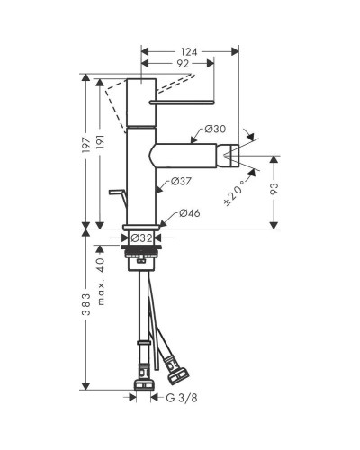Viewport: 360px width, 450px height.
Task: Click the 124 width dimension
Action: tap(189, 52)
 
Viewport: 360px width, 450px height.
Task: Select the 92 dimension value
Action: tap(182, 64)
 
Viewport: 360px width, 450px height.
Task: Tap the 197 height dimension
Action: tap(86, 146)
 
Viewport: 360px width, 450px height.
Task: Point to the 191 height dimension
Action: tap(100, 143)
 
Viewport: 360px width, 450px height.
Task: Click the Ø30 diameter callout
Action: tap(215, 130)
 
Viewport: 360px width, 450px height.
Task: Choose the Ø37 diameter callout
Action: tap(181, 181)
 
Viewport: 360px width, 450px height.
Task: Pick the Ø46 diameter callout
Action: tap(190, 213)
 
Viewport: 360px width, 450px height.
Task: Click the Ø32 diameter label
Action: tap(141, 238)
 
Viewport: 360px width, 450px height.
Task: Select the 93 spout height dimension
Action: tap(274, 189)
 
